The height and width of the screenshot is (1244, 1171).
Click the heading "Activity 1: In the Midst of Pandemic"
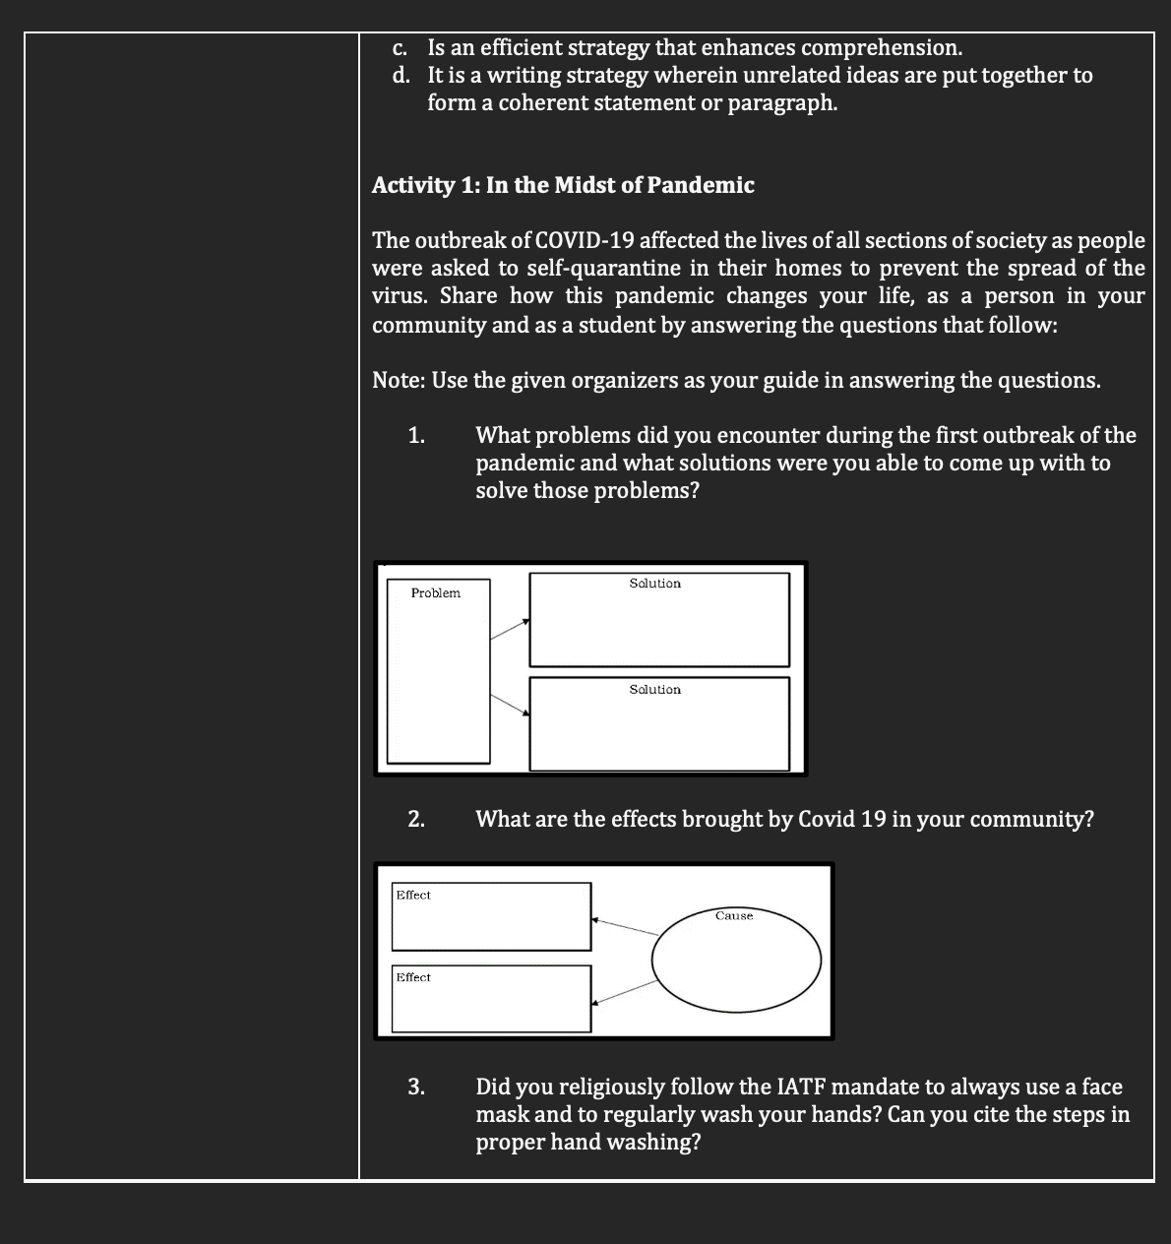point(563,185)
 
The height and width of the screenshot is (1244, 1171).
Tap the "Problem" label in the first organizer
point(436,592)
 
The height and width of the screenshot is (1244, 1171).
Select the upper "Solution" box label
point(655,584)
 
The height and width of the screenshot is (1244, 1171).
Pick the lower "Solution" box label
point(655,690)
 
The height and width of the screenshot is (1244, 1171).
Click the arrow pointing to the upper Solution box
point(509,629)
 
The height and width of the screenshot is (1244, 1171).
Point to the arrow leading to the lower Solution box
point(509,705)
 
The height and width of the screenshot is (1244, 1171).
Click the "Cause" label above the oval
point(734,916)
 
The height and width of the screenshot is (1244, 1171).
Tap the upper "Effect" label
point(413,895)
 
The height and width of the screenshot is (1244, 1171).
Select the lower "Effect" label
point(413,977)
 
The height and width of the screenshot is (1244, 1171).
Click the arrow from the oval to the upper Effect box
point(625,926)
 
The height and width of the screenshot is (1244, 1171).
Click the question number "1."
point(417,435)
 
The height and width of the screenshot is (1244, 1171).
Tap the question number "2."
point(417,819)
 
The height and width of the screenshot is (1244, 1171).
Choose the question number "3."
point(417,1087)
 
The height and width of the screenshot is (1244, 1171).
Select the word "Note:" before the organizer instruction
point(399,380)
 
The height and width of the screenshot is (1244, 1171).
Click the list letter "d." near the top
point(401,75)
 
